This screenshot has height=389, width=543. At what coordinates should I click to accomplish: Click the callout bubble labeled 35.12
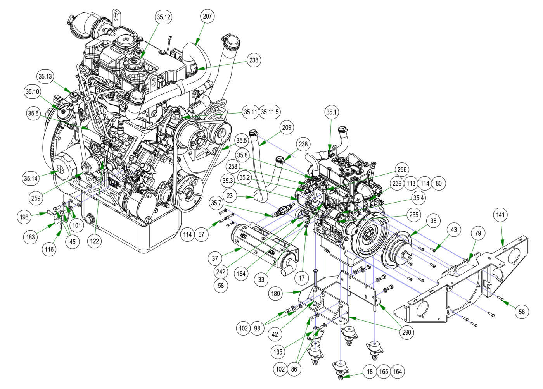coord(163,17)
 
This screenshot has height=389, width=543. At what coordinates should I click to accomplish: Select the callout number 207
coord(208,16)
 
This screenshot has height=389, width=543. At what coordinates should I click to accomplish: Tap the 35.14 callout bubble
coord(30,179)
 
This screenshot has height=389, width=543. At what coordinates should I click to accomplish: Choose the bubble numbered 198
coord(24,217)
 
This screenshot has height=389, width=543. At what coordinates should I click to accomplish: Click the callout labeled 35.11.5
coord(269,112)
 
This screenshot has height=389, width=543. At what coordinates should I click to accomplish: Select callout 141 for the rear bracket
coord(501,215)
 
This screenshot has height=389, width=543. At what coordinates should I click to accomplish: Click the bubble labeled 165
coord(384,372)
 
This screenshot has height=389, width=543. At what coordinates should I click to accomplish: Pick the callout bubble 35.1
coord(332,113)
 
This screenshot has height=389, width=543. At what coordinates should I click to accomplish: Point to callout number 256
coord(401,169)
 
